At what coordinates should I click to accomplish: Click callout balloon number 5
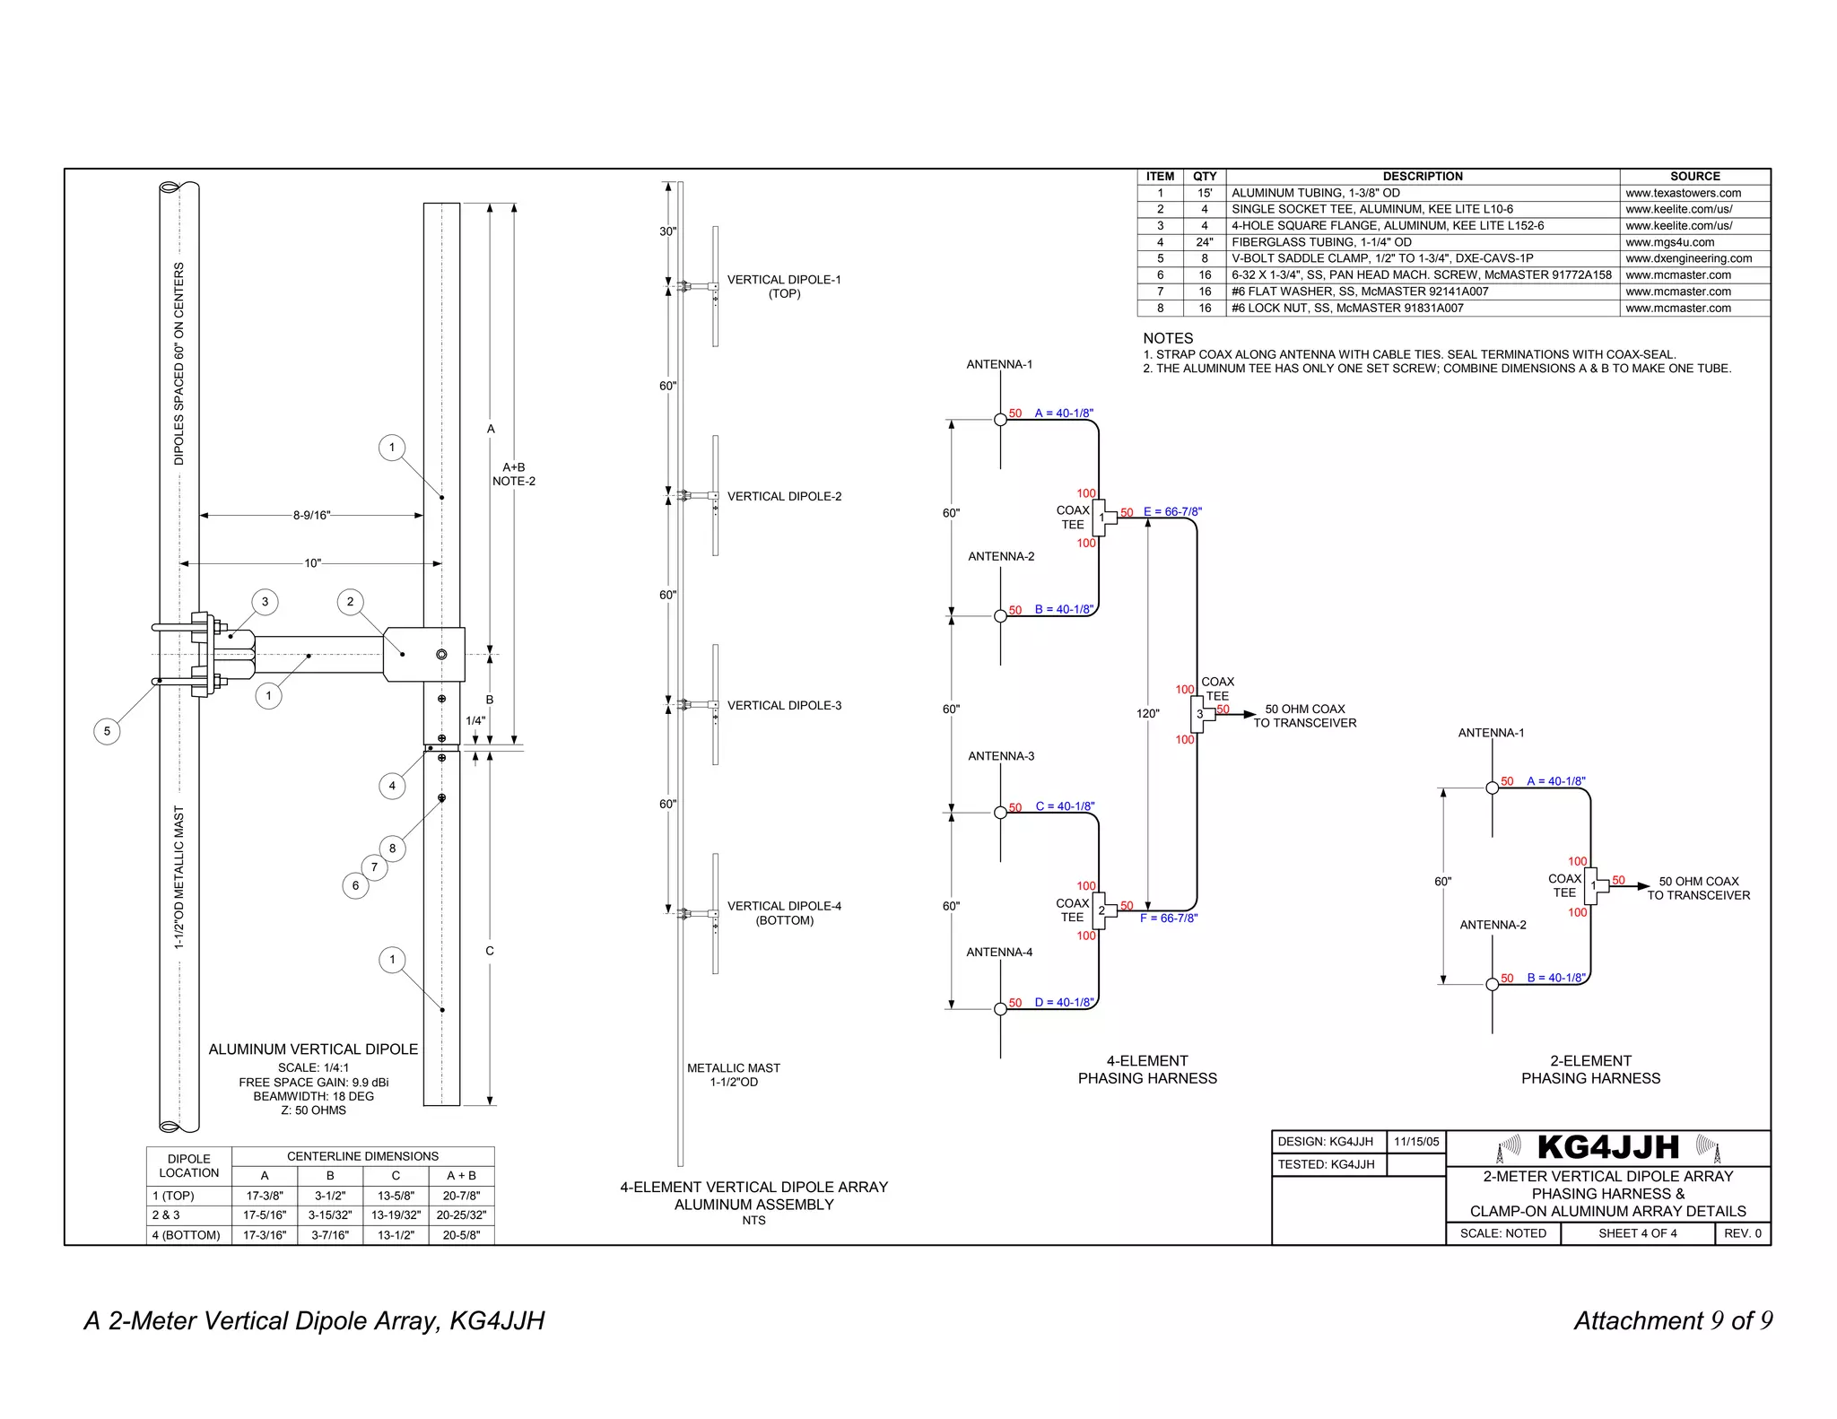click(x=107, y=731)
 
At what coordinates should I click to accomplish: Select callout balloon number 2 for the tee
click(x=350, y=602)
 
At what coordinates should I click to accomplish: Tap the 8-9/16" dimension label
click(x=311, y=516)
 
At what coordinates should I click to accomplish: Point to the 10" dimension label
click(x=312, y=563)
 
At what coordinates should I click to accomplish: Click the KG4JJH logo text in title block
click(x=1607, y=1147)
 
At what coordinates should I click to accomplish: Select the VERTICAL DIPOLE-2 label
click(x=784, y=496)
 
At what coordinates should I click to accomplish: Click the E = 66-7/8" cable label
click(x=1172, y=512)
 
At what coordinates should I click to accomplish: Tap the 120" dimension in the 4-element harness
click(x=1147, y=714)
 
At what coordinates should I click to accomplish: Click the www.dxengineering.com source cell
click(x=1688, y=258)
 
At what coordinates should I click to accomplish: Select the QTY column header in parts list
click(x=1205, y=177)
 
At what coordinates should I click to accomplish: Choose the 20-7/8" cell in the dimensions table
click(x=461, y=1196)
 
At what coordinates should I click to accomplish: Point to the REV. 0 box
click(x=1742, y=1233)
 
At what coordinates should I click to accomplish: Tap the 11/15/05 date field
click(x=1416, y=1142)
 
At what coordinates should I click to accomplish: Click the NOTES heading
click(x=1168, y=338)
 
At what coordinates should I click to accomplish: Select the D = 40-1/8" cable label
click(x=1064, y=1003)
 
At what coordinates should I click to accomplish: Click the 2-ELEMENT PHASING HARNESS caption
click(x=1590, y=1069)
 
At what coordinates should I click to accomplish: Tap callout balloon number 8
click(x=392, y=849)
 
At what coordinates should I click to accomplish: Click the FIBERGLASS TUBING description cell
click(x=1321, y=242)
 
